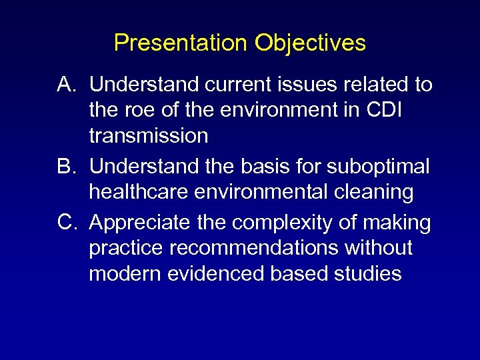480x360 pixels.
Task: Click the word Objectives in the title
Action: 310,43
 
